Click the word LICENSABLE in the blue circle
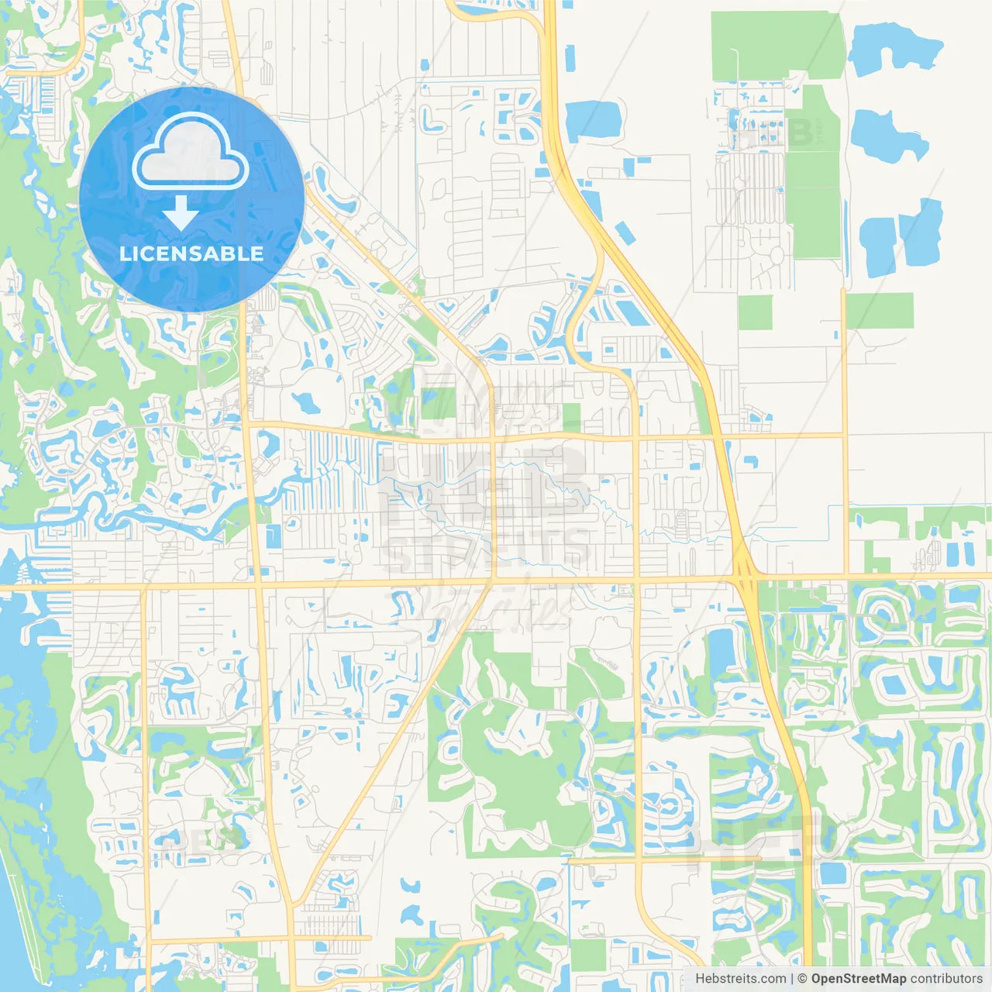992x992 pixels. coord(191,253)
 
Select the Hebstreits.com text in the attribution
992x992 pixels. coord(741,979)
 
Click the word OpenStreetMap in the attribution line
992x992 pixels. coord(859,979)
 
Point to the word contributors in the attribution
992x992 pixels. coord(946,979)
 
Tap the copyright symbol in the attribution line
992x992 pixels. coord(803,979)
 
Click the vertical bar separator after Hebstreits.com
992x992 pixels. coord(792,979)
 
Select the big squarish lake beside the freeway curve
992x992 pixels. coord(594,121)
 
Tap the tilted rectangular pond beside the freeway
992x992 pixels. coord(625,232)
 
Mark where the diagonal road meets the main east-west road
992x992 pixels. coord(492,580)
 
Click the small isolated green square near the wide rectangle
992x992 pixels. coord(755,312)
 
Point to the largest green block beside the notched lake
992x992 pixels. coord(775,45)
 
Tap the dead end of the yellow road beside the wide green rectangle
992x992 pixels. coord(844,291)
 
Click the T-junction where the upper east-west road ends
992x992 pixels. coord(844,436)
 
